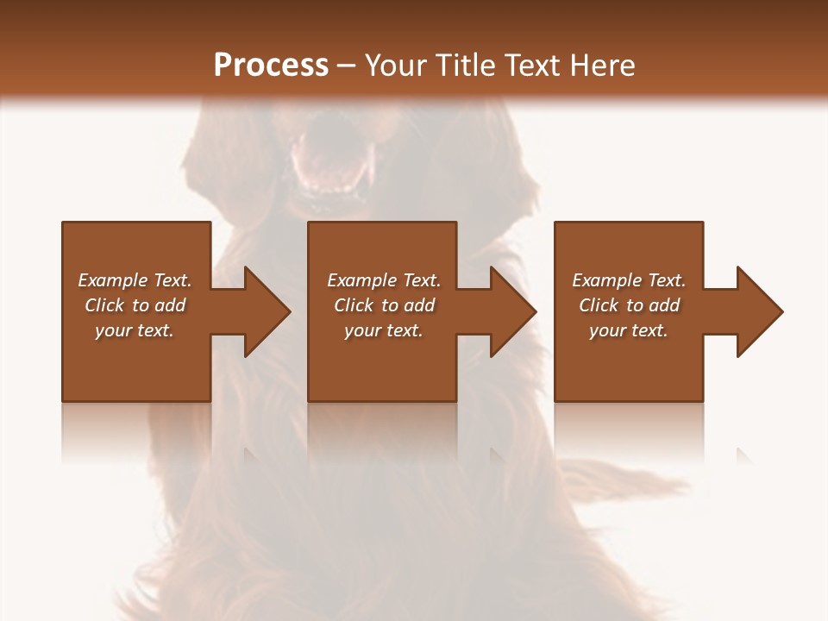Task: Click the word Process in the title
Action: click(271, 66)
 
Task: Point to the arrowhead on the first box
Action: click(263, 311)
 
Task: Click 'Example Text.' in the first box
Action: click(135, 280)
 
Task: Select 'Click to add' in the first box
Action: click(135, 305)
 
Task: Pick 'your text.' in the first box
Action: click(135, 330)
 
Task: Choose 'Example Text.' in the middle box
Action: click(384, 280)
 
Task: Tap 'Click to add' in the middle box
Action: click(384, 305)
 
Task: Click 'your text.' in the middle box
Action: click(384, 330)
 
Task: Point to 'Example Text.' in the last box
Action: click(629, 280)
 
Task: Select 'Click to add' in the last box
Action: click(629, 305)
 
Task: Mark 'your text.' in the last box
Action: click(629, 330)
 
